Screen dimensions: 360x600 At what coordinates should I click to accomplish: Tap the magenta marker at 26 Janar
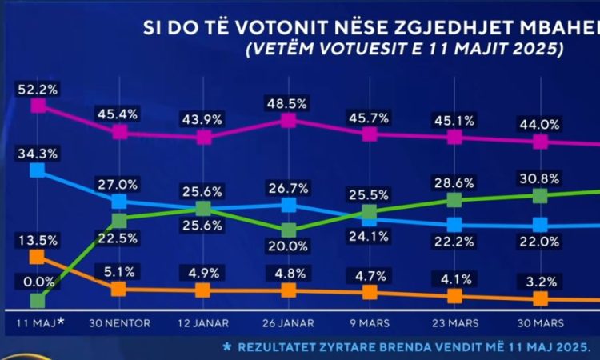(x=289, y=121)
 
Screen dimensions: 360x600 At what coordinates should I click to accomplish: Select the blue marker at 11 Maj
(x=37, y=170)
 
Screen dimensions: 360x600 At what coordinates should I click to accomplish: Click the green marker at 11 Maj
(x=37, y=301)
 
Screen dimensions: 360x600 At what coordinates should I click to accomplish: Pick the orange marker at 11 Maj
(x=37, y=256)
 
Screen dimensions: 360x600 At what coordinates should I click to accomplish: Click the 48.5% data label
(x=289, y=103)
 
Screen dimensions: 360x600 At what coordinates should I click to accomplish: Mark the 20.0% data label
(x=289, y=246)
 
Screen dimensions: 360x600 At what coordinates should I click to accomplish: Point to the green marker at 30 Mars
(x=540, y=195)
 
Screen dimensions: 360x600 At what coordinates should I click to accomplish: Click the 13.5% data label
(x=34, y=238)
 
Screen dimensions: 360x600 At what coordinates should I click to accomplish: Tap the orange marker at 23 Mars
(x=454, y=295)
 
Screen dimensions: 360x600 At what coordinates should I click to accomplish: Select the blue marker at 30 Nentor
(x=118, y=202)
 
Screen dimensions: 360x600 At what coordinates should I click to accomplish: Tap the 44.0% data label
(x=539, y=124)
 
